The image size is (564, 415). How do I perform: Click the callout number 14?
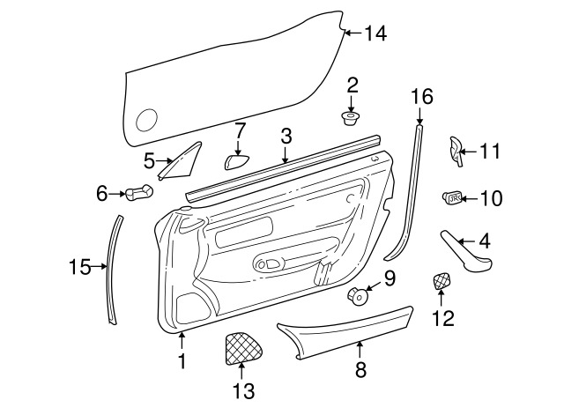pos(376,33)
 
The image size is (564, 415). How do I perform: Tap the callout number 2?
pos(352,85)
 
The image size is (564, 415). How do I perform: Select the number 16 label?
pos(422,97)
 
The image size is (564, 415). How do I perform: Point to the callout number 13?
pos(243,390)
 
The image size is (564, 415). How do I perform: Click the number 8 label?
pos(360,369)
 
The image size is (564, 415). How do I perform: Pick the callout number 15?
pos(80,267)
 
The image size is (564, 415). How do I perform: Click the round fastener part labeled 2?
pos(351,118)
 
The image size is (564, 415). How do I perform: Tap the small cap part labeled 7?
pos(237,160)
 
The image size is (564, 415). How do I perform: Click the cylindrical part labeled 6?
pos(139,192)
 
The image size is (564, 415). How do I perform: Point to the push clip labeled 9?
pos(359,296)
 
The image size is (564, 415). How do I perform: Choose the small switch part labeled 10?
pos(452,197)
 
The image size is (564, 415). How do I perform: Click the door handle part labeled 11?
pos(455,151)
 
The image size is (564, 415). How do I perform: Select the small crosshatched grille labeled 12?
pos(442,281)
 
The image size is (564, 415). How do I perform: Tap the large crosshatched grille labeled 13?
pos(243,347)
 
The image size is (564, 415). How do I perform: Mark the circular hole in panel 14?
pos(147,120)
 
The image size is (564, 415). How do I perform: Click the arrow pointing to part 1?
pos(182,340)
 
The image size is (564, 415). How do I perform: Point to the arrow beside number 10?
pos(470,198)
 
